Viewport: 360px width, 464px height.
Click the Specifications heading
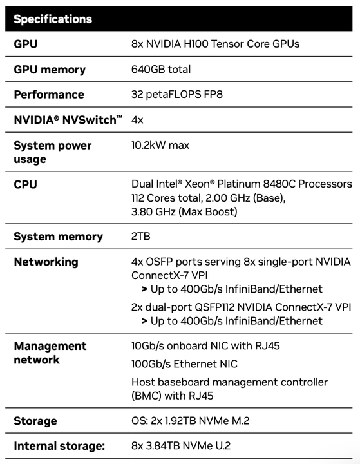click(53, 19)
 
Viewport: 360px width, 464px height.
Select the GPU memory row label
click(50, 70)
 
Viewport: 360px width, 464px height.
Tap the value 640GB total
click(161, 69)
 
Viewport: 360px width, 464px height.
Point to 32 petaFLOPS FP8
click(177, 94)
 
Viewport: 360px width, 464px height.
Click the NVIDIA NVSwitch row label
click(68, 120)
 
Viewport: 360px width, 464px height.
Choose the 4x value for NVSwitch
click(137, 120)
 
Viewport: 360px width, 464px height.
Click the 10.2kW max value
click(160, 145)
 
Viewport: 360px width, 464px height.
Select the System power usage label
click(53, 152)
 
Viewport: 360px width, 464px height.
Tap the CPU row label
click(26, 184)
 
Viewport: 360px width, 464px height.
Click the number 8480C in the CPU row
click(279, 184)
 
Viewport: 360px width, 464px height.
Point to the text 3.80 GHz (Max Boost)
click(184, 211)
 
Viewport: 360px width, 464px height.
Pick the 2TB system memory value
click(141, 236)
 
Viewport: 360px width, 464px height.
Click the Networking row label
click(46, 262)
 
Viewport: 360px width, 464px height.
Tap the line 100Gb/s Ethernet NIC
click(184, 364)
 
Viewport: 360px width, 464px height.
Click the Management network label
click(50, 353)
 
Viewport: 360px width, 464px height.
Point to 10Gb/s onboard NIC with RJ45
click(205, 345)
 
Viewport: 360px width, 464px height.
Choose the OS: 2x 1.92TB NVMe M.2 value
click(191, 420)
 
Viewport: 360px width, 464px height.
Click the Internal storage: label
click(59, 446)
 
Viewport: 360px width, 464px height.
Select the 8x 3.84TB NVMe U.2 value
click(181, 446)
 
